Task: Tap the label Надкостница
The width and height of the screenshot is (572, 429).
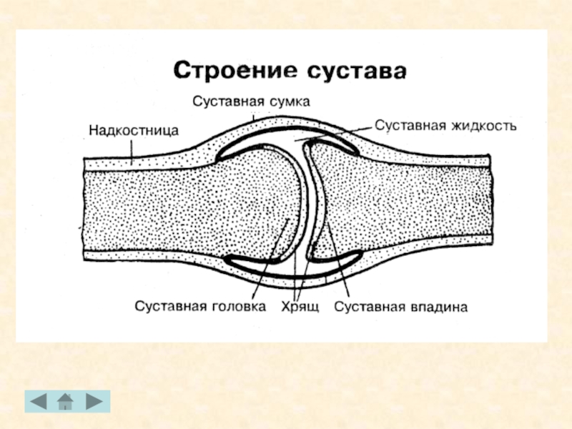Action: [133, 130]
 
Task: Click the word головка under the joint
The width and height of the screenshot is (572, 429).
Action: [239, 307]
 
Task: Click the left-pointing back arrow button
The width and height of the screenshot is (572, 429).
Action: [38, 402]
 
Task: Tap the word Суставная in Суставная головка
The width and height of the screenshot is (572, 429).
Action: [170, 307]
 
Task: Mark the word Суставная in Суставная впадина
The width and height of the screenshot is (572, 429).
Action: [368, 307]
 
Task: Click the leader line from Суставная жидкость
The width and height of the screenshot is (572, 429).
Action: [336, 132]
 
